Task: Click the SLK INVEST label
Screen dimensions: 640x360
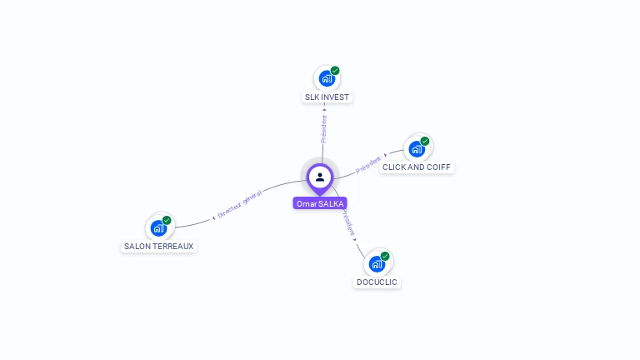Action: [327, 97]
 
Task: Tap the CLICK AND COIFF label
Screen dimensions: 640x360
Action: [416, 167]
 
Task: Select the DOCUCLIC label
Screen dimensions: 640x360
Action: [377, 282]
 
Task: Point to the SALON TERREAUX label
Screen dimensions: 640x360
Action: [158, 247]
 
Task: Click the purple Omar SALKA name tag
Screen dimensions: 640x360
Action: [320, 203]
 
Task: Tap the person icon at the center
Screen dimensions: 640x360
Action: [320, 177]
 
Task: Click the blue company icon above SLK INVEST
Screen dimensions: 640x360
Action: [326, 78]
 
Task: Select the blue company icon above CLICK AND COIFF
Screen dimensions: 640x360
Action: [416, 148]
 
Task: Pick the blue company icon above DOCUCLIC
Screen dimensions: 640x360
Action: [377, 263]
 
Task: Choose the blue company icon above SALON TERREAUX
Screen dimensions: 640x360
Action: [157, 227]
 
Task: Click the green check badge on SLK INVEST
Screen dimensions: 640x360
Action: [335, 71]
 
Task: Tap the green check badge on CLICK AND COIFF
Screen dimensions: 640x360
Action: [425, 141]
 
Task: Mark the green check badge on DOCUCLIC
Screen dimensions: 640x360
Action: [385, 256]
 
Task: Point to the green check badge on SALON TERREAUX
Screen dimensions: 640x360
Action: [167, 220]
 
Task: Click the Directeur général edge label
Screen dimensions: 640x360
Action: [240, 203]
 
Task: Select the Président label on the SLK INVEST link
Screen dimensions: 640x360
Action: [324, 128]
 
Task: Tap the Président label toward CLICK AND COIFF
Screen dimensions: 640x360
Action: [368, 164]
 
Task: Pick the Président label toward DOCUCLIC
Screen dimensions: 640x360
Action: [347, 222]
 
